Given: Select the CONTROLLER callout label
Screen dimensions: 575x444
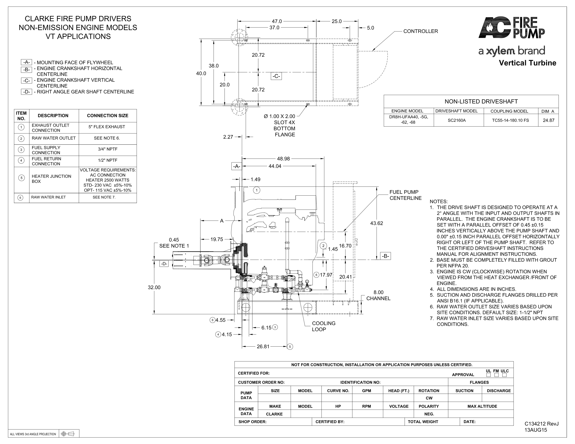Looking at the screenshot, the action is pos(421,31).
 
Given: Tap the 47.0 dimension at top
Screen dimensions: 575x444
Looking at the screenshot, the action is pos(277,21).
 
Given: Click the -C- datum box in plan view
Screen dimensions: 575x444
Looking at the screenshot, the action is pos(276,76).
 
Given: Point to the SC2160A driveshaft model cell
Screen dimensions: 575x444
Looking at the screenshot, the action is pos(457,120).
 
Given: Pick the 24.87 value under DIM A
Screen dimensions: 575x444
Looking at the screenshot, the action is pos(548,120).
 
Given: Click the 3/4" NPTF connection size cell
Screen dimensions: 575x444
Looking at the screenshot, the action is pos(107,149).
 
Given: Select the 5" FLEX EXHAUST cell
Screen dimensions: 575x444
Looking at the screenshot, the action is pos(107,127).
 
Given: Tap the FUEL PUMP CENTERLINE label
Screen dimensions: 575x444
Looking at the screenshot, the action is pos(405,195).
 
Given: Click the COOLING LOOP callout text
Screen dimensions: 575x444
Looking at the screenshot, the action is pos(324,326).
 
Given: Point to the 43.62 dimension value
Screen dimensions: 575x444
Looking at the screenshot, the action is pos(376,223).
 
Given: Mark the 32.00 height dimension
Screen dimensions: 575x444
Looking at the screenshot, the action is pos(154,287).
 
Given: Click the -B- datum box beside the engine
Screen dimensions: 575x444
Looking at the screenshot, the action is pos(386,256).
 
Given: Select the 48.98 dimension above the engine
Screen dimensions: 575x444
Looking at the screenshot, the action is pos(283,159).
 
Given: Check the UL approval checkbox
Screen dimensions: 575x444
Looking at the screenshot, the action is pos(488,375).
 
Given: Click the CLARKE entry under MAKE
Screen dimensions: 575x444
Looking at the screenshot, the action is pos(274,414).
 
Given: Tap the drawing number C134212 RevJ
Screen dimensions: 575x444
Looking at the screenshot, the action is pos(542,424).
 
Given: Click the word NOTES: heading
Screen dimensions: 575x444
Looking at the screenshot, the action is pos(439,201).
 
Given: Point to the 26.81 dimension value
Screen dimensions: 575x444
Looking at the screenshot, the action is pos(263,346).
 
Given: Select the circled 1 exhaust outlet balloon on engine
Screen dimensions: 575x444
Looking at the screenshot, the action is pos(257,190).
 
